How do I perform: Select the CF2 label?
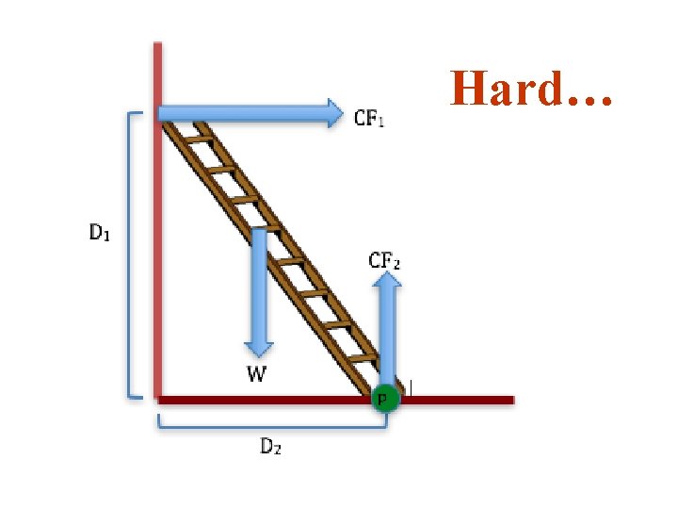pyautogui.click(x=384, y=260)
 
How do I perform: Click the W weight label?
pyautogui.click(x=256, y=375)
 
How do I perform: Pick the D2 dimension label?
pyautogui.click(x=270, y=447)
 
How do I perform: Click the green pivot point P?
pyautogui.click(x=384, y=399)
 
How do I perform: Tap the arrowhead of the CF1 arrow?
pyautogui.click(x=334, y=113)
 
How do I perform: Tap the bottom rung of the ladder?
pyautogui.click(x=361, y=359)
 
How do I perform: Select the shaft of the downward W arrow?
pyautogui.click(x=258, y=283)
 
